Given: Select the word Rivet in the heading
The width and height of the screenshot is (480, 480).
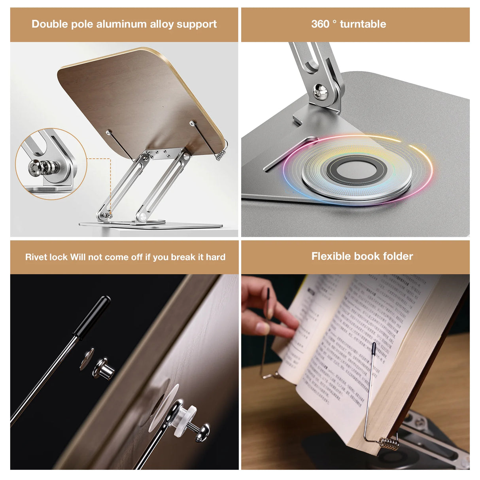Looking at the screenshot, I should (x=36, y=257).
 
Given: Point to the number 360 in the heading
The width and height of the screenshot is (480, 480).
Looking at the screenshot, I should (x=320, y=24).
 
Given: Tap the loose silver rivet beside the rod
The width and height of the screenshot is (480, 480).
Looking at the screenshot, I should (x=104, y=368).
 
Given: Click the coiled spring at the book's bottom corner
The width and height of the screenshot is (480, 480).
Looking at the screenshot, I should (x=389, y=443).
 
